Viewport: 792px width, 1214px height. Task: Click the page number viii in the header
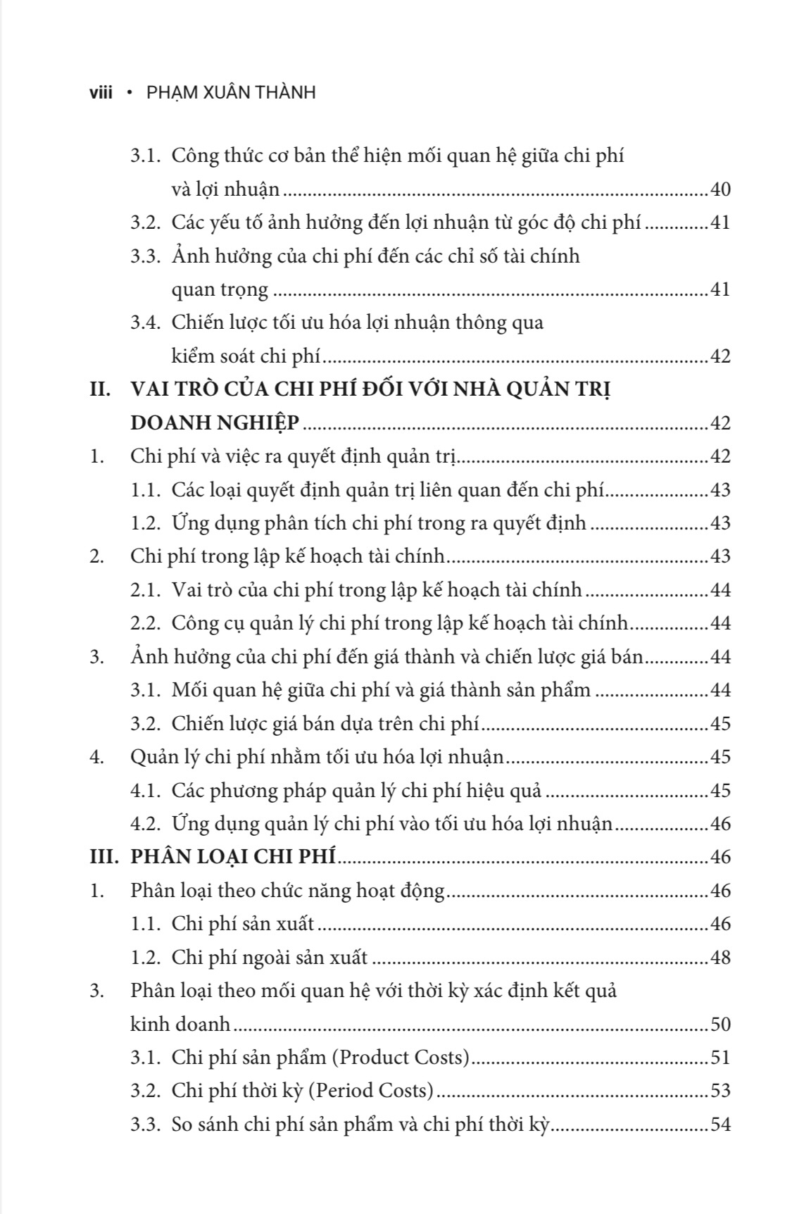pos(101,92)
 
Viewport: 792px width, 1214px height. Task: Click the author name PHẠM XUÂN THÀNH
pos(231,92)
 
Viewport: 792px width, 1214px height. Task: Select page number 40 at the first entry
pos(720,189)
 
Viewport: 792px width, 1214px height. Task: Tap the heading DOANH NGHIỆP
pos(215,423)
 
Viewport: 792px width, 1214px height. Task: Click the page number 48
pos(720,957)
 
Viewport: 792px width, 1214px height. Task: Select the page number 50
pos(720,1024)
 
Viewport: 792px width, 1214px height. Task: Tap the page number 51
pos(720,1057)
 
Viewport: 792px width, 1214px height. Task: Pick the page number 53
pos(720,1091)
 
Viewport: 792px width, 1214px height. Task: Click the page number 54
pos(720,1124)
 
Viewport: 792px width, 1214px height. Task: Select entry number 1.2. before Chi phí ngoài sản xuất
pos(146,957)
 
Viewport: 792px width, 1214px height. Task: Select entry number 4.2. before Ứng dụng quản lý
pos(146,823)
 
